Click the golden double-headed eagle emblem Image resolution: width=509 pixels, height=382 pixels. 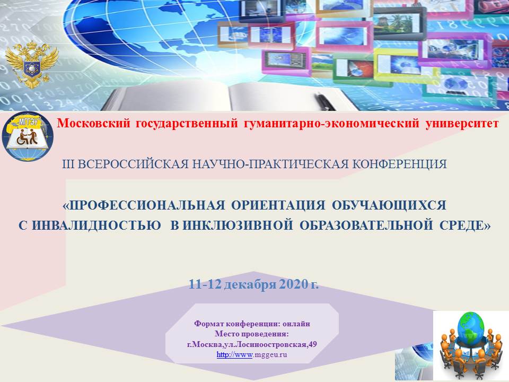click(31, 64)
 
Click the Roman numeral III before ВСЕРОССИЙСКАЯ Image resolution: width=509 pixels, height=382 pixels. click(68, 164)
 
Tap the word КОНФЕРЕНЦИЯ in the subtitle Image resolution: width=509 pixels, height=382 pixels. click(400, 164)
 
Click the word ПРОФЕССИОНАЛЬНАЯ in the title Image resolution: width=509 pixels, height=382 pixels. click(144, 205)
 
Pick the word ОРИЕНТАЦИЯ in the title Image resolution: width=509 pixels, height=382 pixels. click(278, 205)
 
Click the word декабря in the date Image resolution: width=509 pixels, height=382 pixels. click(250, 284)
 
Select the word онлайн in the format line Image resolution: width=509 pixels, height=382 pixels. click(296, 324)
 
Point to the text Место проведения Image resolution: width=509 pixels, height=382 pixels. click(251, 334)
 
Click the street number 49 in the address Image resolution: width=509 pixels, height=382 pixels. click(313, 344)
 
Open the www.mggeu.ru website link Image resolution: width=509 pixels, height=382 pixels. click(252, 355)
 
